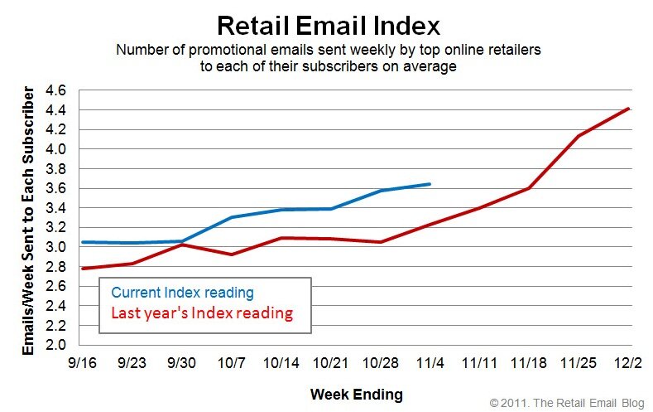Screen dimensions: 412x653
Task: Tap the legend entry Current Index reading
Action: coord(182,293)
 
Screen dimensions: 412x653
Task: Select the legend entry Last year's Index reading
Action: coord(202,313)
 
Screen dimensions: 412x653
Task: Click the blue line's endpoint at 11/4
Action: coord(430,184)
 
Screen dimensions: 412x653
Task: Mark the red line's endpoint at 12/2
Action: coord(630,109)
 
